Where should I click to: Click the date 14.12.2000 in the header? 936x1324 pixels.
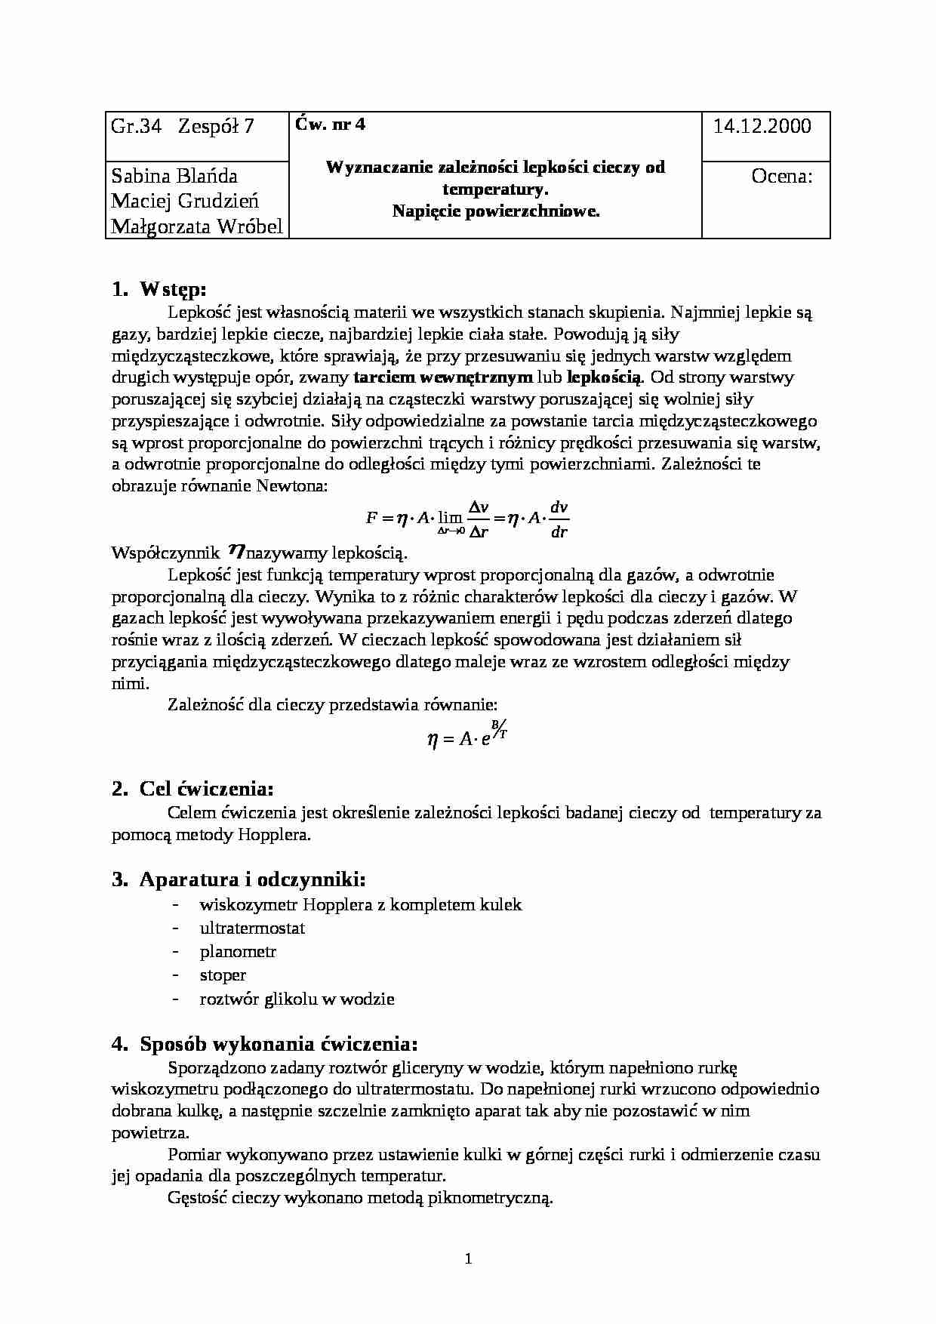coord(762,126)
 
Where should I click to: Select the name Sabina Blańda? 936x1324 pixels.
coord(174,177)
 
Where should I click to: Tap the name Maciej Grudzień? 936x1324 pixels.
coord(185,202)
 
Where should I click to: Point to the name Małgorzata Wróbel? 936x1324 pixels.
coord(197,226)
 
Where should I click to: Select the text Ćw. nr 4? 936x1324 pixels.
coord(331,125)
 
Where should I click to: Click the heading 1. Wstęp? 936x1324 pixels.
coord(159,290)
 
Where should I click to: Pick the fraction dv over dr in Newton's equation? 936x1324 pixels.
coord(559,519)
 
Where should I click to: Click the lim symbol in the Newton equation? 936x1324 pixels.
coord(450,519)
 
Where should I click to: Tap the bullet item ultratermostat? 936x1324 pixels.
coord(252,928)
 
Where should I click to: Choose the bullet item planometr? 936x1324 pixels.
coord(238,952)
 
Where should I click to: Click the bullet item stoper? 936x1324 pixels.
coord(223,975)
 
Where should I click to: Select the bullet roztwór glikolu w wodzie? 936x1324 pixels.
coord(297,999)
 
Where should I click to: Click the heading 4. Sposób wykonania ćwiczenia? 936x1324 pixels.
coord(264,1045)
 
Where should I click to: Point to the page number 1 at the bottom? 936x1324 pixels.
coord(468,1258)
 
